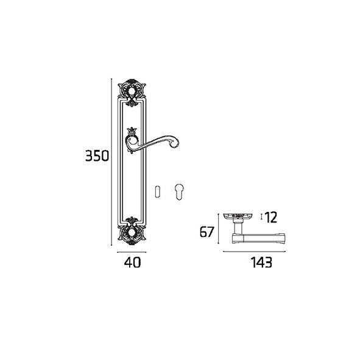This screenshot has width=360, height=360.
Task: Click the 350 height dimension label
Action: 97,155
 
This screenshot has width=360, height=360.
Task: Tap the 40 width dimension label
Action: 132,262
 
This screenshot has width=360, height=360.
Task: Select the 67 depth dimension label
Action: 207,231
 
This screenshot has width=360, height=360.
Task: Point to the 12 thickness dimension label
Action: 271,217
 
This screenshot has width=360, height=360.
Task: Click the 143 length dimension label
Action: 261,262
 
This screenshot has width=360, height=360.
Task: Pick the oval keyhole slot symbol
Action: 157,191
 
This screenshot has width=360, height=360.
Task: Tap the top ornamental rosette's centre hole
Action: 132,91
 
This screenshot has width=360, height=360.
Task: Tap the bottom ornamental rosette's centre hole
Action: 132,232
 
